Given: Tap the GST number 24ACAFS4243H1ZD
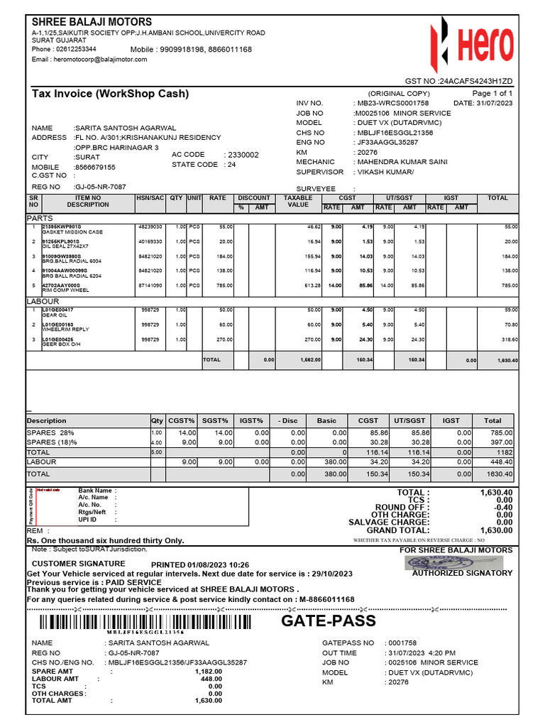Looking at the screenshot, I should (478, 82).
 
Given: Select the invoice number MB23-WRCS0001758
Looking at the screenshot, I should (391, 104).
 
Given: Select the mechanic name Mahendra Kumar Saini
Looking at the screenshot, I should (401, 162).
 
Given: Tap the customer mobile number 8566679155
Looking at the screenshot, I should (97, 167).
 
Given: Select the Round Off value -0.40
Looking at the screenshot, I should (501, 507).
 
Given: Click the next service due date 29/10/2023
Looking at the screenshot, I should (328, 573).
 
